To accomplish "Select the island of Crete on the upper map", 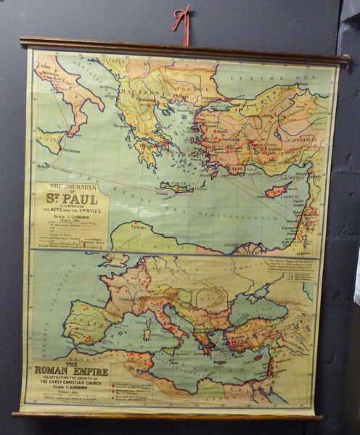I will point(177,188).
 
